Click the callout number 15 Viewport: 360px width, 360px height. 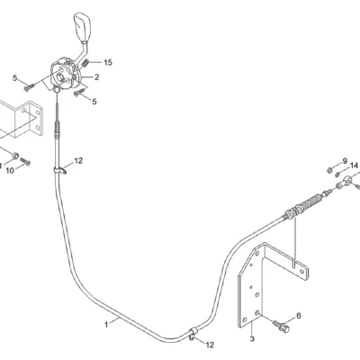[108, 62]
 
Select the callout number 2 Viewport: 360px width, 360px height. [96, 77]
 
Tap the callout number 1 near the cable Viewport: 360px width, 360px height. [106, 325]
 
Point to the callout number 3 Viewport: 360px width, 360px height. [252, 338]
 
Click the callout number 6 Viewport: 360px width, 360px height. [299, 315]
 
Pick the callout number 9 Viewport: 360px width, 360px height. [345, 161]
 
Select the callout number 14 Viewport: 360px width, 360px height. [354, 166]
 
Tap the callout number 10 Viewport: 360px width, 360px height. [10, 171]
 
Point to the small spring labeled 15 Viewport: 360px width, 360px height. [85, 63]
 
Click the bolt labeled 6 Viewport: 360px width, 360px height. [281, 327]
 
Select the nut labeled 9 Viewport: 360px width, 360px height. [328, 170]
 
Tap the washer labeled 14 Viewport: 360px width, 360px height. [337, 174]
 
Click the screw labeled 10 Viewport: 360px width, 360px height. [26, 162]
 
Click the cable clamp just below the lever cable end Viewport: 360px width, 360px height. [59, 170]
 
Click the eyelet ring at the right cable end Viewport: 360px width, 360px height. [347, 180]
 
